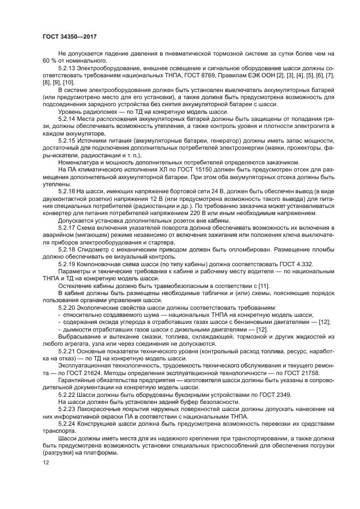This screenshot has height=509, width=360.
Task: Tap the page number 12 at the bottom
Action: point(45,462)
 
